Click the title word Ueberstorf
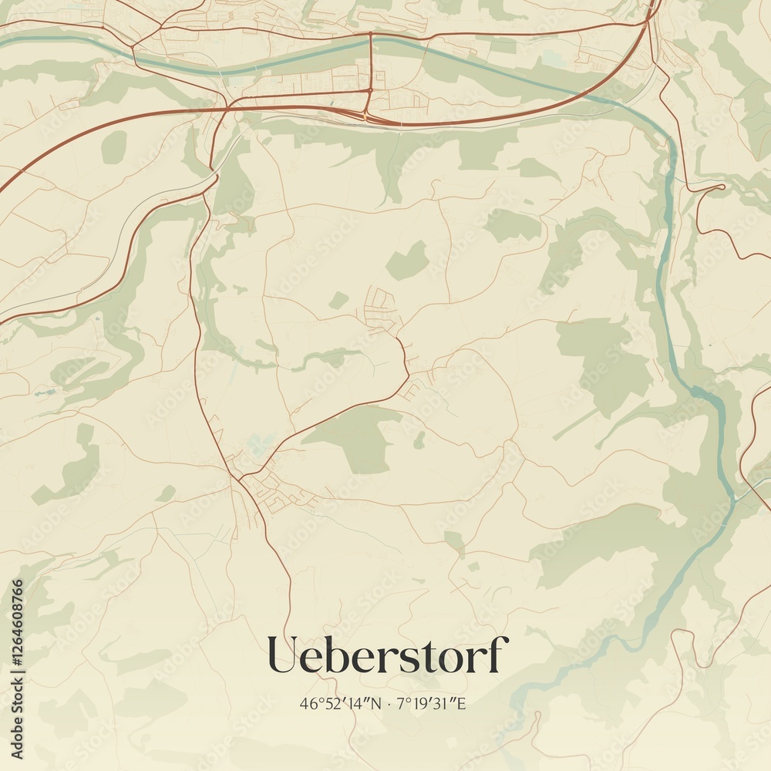click(x=388, y=655)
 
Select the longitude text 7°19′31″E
click(x=433, y=703)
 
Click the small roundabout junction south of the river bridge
click(x=370, y=90)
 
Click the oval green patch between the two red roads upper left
click(x=113, y=147)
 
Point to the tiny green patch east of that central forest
click(x=419, y=440)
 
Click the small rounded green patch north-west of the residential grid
click(x=338, y=300)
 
